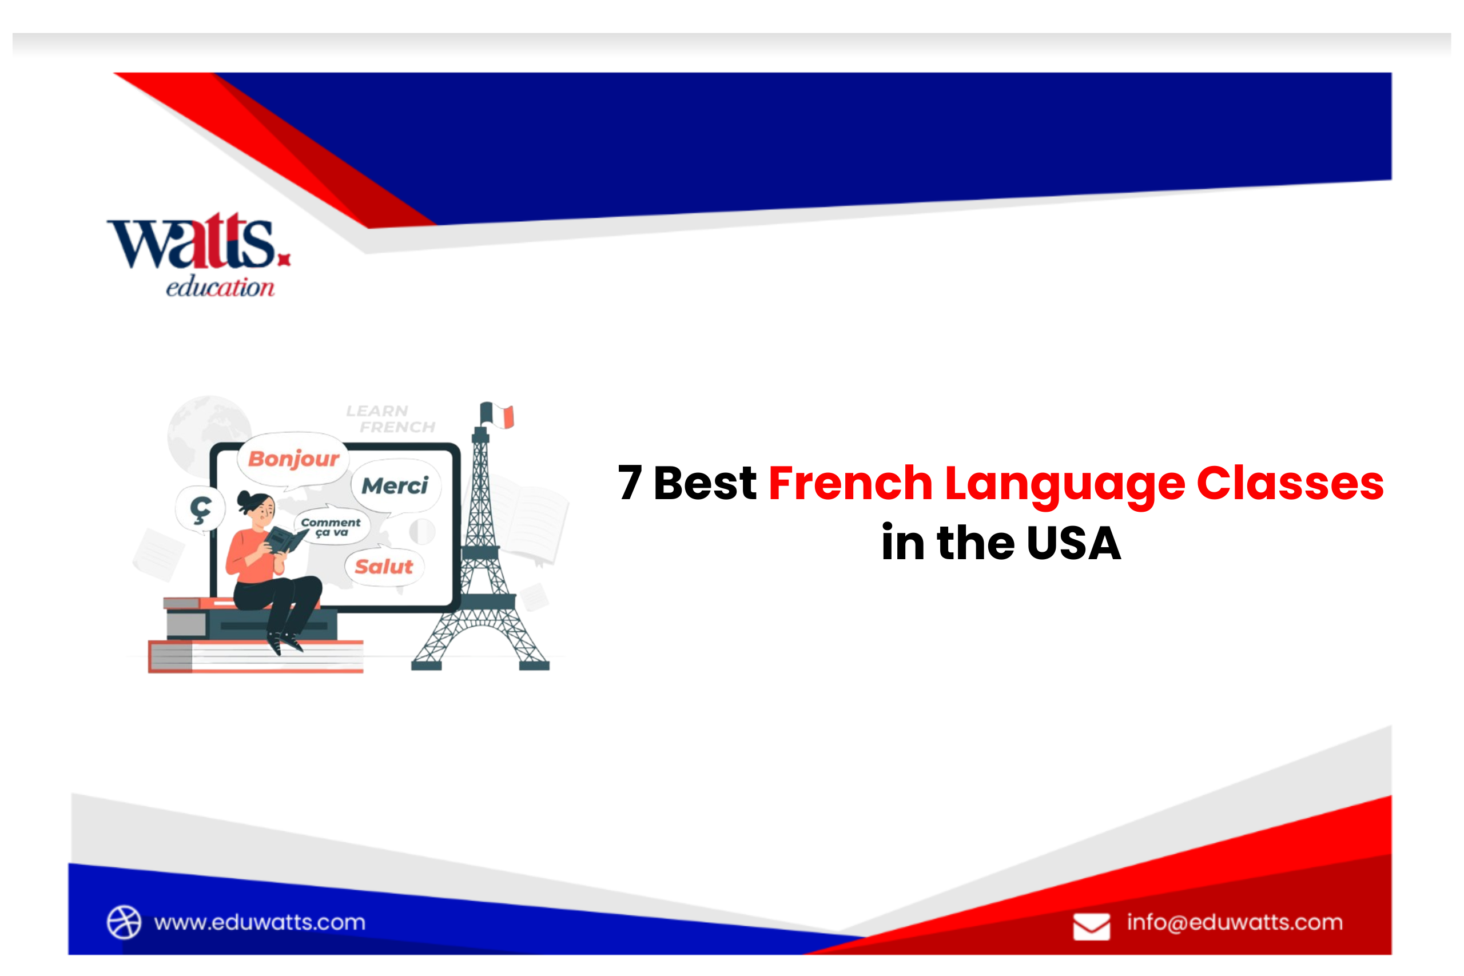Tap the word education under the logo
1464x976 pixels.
(220, 287)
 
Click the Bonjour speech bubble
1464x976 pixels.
(294, 459)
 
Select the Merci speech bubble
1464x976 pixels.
(395, 485)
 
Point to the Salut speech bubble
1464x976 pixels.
(383, 567)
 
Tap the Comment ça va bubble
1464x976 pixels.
(331, 527)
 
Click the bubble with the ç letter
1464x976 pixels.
(200, 510)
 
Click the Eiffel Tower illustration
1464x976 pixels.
(480, 560)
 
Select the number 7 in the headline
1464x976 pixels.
(629, 483)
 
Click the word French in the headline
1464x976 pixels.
(850, 483)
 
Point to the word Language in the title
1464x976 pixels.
(1064, 484)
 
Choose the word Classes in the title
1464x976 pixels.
(1290, 483)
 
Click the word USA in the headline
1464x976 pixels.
(1074, 543)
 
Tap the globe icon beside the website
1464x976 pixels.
(124, 921)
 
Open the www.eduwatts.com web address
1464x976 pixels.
(260, 922)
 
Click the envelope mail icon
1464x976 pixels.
(1091, 926)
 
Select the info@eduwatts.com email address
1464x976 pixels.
(1234, 922)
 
